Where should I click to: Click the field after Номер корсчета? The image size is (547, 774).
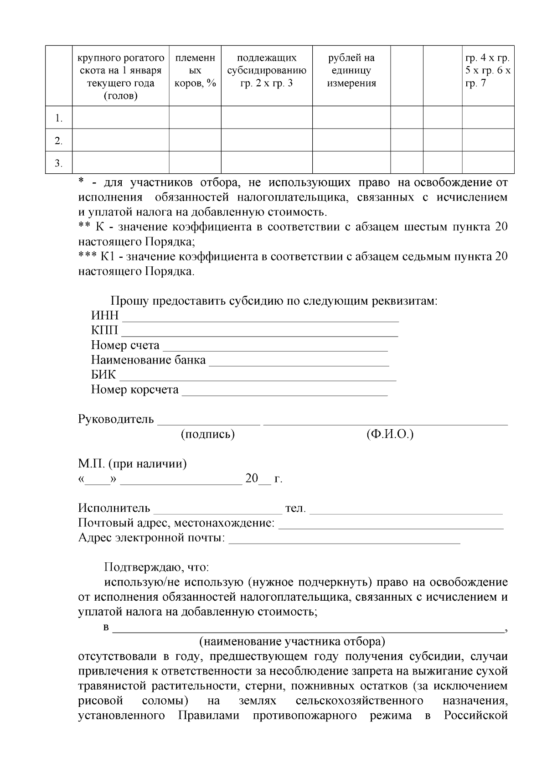point(284,391)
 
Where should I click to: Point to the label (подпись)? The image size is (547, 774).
point(208,435)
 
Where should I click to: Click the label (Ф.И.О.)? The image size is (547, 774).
point(390,435)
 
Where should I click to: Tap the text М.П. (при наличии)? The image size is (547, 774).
point(132,464)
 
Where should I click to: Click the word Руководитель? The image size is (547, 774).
point(116,420)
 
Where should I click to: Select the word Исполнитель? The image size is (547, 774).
point(114,509)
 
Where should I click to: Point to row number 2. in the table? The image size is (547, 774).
point(58,141)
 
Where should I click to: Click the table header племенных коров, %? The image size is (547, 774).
point(195,71)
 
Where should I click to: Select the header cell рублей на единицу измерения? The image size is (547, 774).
point(351,71)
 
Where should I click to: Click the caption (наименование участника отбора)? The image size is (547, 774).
point(292,642)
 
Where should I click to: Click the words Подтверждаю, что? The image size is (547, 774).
point(156,568)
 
